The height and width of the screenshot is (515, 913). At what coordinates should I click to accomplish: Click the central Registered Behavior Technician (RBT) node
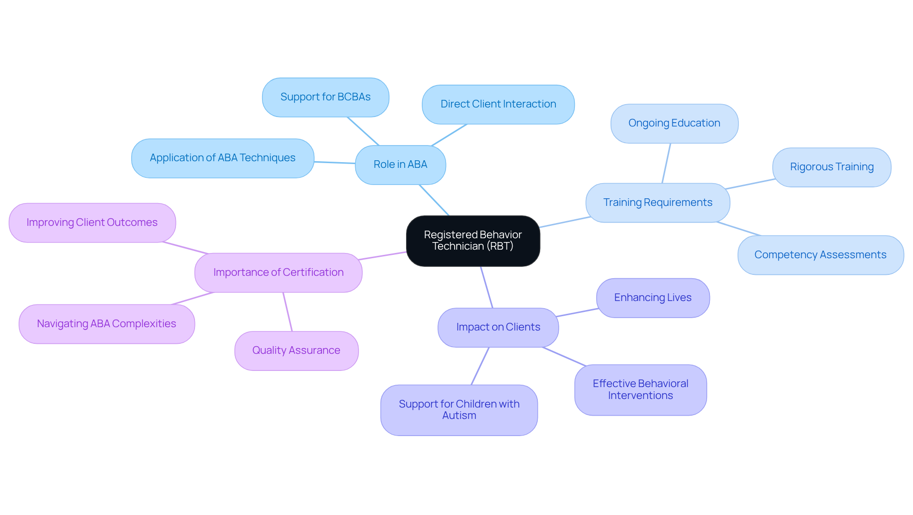pos(473,241)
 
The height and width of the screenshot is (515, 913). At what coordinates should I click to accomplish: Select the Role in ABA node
pos(400,165)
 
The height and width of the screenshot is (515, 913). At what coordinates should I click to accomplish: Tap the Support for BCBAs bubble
pos(325,97)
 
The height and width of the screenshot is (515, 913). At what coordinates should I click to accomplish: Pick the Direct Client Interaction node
pos(498,104)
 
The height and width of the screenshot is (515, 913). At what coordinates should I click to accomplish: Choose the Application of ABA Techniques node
pos(223,158)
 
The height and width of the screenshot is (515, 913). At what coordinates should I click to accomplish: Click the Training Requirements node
pos(658,203)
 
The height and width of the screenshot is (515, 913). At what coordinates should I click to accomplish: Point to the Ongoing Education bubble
pos(674,123)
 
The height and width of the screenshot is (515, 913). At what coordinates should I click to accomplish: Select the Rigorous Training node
pos(831,167)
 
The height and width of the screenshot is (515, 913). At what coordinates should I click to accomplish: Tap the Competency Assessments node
pos(820,255)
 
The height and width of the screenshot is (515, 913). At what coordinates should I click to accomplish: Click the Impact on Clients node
pos(498,327)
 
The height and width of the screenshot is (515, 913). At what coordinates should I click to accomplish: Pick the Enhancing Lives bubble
pos(652,298)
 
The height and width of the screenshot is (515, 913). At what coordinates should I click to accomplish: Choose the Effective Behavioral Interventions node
pos(640,389)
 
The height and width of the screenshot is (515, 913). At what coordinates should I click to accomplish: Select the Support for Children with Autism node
pos(459,409)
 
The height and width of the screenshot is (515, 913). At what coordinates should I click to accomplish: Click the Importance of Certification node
pos(278,272)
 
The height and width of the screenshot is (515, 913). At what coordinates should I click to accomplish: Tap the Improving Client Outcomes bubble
pos(92,223)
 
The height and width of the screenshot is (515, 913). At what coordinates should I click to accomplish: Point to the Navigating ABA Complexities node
pos(107,324)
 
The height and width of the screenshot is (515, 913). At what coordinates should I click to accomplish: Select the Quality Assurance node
pos(296,350)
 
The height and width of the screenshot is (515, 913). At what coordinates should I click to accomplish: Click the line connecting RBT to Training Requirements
pos(565,222)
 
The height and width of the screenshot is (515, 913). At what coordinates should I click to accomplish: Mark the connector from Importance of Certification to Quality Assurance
pos(288,312)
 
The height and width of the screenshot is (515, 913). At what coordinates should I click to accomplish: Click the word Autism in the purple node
pos(459,416)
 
